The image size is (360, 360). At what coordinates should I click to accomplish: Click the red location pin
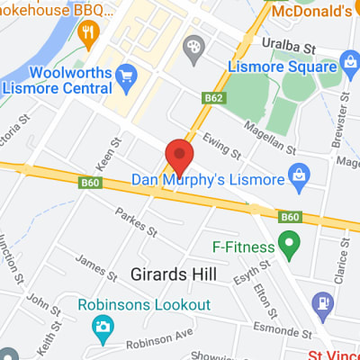tap(179, 157)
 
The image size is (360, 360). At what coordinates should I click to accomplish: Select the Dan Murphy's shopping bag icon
tap(301, 179)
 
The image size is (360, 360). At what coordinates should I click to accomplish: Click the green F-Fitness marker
tap(288, 242)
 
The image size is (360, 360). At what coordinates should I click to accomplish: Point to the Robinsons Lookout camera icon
tap(102, 325)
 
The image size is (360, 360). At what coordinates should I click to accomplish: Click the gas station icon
tap(321, 302)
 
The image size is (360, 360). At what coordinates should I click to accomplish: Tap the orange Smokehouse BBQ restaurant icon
tap(87, 35)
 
